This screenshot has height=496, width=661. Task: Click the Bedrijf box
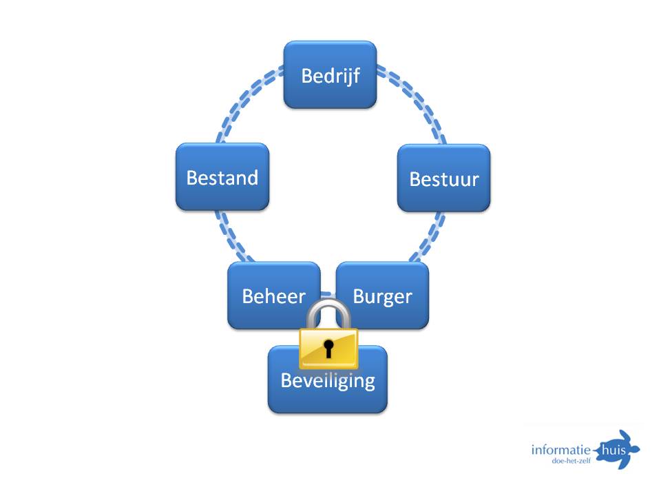(330, 74)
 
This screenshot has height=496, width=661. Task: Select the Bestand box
(222, 177)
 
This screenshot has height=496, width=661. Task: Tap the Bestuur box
(444, 178)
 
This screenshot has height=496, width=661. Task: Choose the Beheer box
(274, 296)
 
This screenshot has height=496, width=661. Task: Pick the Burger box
(382, 296)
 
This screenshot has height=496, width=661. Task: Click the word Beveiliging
(328, 380)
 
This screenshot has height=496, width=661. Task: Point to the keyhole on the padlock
(328, 349)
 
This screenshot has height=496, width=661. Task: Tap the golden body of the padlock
(328, 349)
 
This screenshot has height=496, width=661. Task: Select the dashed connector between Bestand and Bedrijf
(244, 100)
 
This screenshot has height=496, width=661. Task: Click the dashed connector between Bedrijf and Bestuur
(416, 100)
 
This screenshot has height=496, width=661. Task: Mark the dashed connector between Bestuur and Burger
(430, 238)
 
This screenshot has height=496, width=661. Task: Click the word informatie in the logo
(560, 450)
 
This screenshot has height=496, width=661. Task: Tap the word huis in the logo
(613, 450)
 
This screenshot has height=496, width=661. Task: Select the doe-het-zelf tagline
(571, 461)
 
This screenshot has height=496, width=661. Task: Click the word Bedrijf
(330, 76)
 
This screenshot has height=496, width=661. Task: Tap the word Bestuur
(444, 179)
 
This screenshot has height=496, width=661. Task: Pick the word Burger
(382, 297)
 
